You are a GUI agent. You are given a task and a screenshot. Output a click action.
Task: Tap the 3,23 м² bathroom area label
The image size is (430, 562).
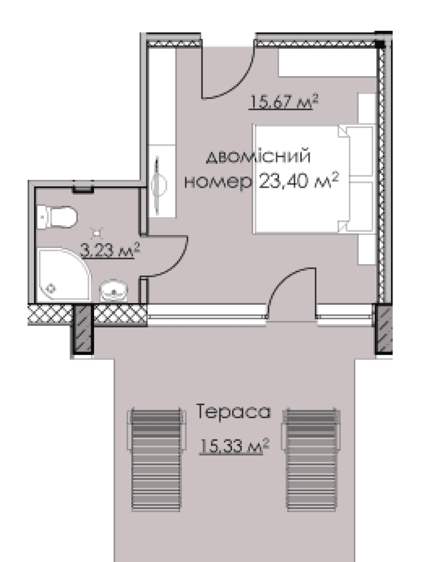tap(110, 250)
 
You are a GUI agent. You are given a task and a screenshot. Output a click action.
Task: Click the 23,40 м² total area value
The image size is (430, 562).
tap(299, 181)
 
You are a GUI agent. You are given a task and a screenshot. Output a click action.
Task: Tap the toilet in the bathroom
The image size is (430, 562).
tap(57, 217)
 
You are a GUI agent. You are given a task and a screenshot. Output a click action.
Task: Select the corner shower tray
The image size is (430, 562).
tap(64, 274)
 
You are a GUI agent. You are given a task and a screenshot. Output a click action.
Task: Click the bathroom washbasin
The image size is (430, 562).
tap(113, 290)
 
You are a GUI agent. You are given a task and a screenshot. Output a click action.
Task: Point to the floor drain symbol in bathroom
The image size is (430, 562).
tap(97, 233)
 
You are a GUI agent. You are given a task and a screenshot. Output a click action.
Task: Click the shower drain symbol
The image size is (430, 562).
tap(52, 289)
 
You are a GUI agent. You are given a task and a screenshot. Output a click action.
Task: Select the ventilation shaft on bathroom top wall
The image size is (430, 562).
tap(83, 189)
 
